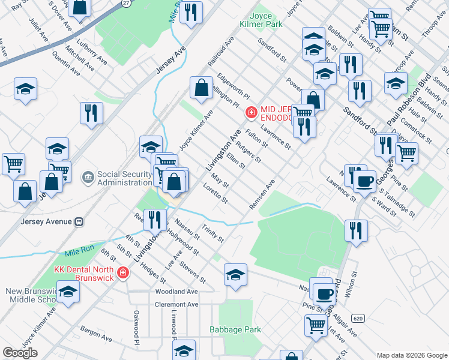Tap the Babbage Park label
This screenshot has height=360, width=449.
coord(235,329)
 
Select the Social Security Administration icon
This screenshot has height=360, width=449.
coord(88,177)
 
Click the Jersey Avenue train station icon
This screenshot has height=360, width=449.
coord(79,221)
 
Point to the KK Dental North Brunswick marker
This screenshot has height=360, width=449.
coord(123,273)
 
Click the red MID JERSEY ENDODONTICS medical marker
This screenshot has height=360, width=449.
coord(250,112)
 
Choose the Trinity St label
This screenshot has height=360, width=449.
coord(213,231)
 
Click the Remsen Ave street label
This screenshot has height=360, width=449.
coord(262,195)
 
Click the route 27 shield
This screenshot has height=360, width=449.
coord(125,3)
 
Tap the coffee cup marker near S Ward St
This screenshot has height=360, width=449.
coord(364,181)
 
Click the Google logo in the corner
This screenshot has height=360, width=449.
coord(20,353)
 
